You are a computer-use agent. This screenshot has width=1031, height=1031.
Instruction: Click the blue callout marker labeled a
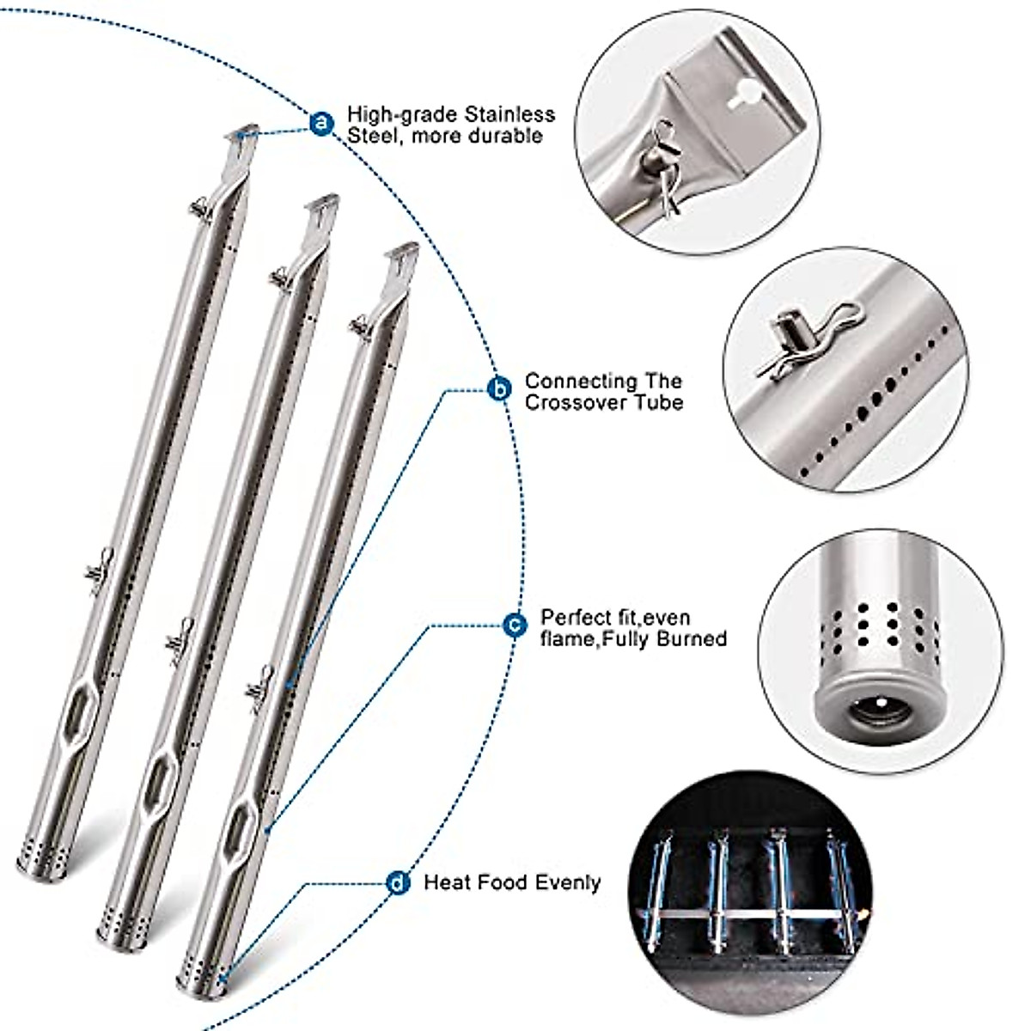pos(321,124)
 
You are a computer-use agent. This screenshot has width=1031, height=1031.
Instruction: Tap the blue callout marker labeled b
pos(499,389)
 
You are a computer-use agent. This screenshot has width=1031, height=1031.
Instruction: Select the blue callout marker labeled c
pos(514,625)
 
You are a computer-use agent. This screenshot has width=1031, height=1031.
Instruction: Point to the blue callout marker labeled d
pos(398,882)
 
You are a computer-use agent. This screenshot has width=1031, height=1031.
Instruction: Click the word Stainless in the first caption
pos(509,114)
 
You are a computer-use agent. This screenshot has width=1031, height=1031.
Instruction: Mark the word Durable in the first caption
pos(508,136)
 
